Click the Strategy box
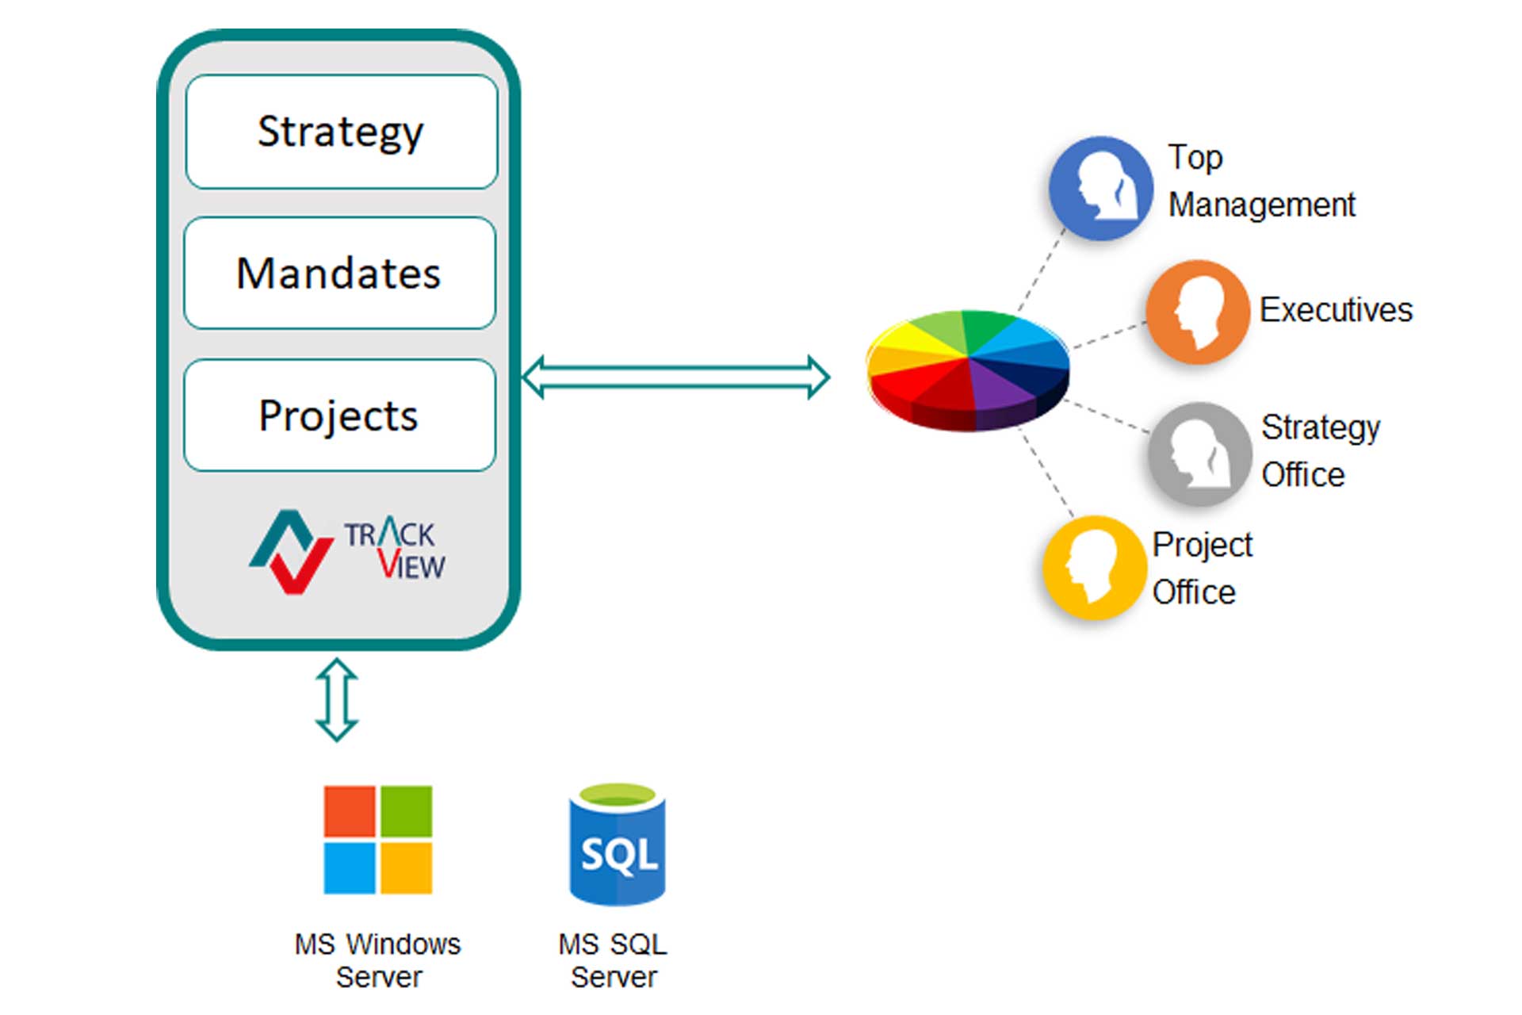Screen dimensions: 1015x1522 341,132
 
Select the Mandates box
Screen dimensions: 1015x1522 339,273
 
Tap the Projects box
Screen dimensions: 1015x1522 339,416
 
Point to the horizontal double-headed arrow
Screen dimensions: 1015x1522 675,377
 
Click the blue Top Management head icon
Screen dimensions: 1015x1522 1100,188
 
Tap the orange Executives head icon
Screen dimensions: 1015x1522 1197,312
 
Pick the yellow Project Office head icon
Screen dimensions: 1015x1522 1094,567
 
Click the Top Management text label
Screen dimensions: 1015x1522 1260,181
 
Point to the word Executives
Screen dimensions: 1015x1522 1336,309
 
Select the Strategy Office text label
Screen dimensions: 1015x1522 1320,450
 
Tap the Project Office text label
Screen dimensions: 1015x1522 1201,568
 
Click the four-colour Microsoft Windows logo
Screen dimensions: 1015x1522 378,840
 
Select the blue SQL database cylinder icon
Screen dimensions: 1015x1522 618,845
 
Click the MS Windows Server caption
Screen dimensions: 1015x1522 377,960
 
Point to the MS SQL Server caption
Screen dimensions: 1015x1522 613,960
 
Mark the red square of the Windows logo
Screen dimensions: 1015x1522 350,811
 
